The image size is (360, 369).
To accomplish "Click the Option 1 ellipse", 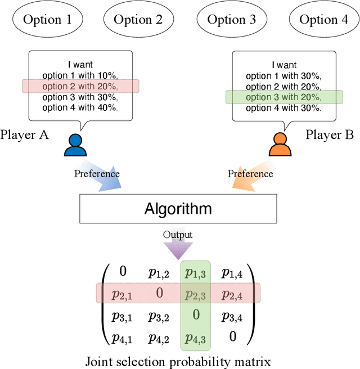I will point(47,20).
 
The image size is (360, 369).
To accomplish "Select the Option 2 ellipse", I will point(138,20).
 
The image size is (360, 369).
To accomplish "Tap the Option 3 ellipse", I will point(231,20).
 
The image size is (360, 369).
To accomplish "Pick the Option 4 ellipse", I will point(323,20).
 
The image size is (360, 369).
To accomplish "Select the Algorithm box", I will point(179,209).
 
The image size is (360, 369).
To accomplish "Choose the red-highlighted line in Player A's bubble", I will point(80,85).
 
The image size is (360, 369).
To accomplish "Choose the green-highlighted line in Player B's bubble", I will point(284,96).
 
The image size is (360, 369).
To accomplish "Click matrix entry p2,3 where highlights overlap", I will point(195,293).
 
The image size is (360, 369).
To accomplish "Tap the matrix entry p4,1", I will point(123,338).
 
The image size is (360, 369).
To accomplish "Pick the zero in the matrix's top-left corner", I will point(123,272).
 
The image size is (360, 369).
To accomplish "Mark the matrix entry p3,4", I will point(232,317).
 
